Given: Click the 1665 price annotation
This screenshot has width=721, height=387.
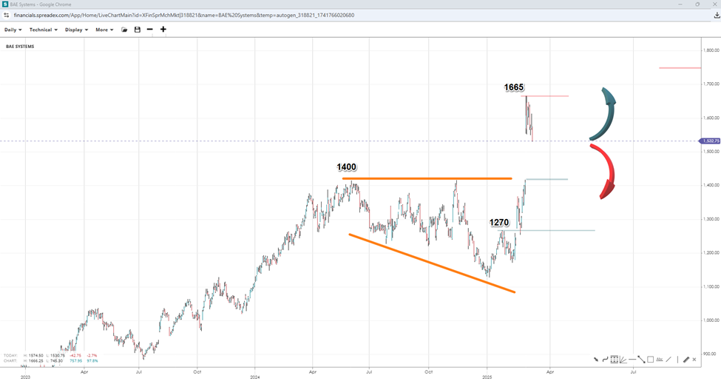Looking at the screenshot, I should click(x=514, y=87).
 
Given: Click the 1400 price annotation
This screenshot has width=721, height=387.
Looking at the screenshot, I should click(x=348, y=168).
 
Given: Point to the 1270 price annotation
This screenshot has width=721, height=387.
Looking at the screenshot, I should click(x=499, y=222).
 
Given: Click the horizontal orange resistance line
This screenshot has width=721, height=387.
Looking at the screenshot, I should click(x=427, y=178).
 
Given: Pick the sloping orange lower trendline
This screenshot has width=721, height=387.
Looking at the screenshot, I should click(x=432, y=263).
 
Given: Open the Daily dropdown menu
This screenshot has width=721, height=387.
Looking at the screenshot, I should click(x=13, y=30).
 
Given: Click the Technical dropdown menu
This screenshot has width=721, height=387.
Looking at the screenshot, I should click(x=43, y=30).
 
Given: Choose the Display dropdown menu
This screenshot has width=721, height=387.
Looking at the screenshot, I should click(x=76, y=30).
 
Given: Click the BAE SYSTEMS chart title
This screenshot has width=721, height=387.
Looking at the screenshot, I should click(x=19, y=47).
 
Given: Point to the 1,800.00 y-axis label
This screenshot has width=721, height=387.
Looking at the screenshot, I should click(x=711, y=50).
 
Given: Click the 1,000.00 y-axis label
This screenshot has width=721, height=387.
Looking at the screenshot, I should click(x=711, y=320).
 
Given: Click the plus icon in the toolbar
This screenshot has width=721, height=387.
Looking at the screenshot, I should click(x=163, y=30).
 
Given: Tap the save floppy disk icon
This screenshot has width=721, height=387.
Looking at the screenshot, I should click(x=138, y=30).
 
